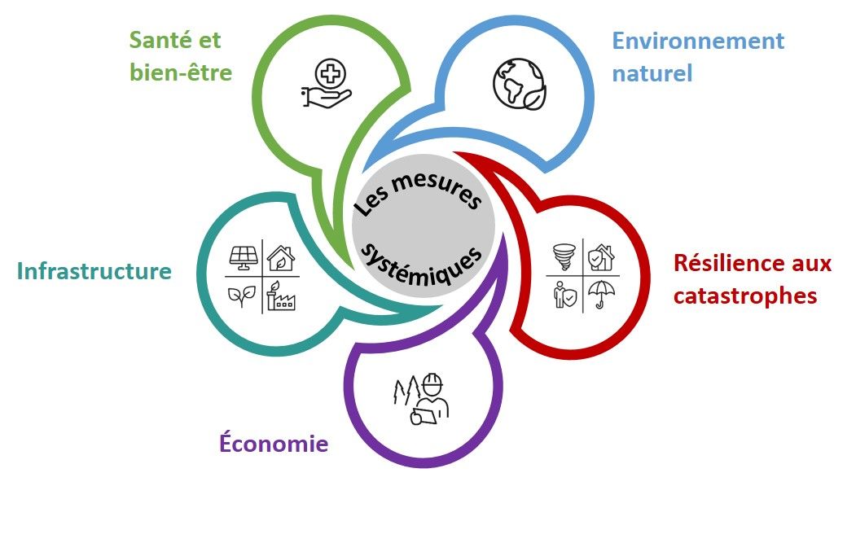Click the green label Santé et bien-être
pyautogui.click(x=181, y=57)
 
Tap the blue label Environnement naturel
pyautogui.click(x=697, y=57)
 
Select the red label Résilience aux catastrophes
pyautogui.click(x=752, y=279)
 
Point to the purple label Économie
pyautogui.click(x=274, y=444)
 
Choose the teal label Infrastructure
pyautogui.click(x=94, y=271)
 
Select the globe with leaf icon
pyautogui.click(x=519, y=85)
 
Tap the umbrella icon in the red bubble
pyautogui.click(x=601, y=294)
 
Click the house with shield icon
pyautogui.click(x=601, y=256)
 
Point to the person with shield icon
pyautogui.click(x=563, y=295)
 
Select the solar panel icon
pyautogui.click(x=245, y=257)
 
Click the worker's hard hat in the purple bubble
pyautogui.click(x=432, y=383)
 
